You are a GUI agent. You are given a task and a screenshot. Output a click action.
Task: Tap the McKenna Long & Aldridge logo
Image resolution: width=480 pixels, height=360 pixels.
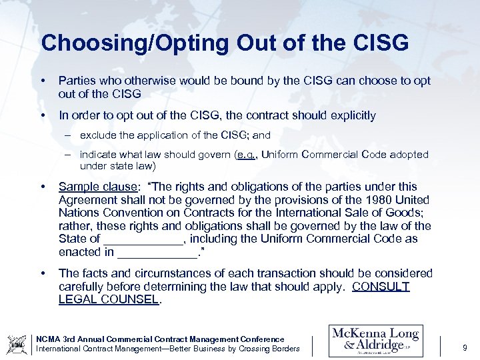click(375, 341)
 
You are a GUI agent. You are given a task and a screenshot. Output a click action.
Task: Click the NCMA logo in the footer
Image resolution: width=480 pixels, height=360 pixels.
click(16, 343)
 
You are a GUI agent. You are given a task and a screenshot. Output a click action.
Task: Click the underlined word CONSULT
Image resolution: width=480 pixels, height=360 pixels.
click(381, 287)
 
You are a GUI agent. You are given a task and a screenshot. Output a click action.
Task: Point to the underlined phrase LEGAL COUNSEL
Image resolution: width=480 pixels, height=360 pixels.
click(109, 299)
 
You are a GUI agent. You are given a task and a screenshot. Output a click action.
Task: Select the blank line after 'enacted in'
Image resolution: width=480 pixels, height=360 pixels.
click(157, 251)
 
